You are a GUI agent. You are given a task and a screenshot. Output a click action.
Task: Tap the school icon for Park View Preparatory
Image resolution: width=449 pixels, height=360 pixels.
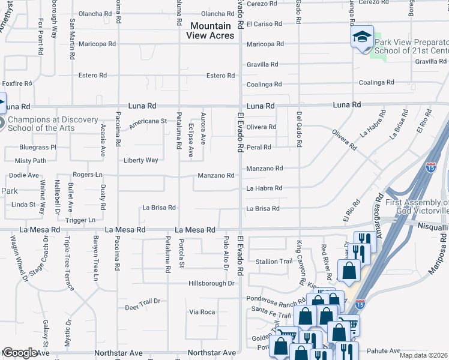[x=363, y=37]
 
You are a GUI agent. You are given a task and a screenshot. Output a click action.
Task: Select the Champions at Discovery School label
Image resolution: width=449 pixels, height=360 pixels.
[x=53, y=124]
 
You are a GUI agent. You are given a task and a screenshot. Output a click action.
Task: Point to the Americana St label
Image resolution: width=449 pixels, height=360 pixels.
[x=146, y=121]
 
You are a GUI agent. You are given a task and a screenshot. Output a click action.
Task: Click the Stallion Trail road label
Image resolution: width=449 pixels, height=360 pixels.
[x=274, y=262]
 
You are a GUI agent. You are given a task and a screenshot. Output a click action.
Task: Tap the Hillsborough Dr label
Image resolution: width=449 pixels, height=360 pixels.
[x=211, y=283]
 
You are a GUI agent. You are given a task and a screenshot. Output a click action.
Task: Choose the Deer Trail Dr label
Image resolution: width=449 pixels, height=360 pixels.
[x=142, y=301]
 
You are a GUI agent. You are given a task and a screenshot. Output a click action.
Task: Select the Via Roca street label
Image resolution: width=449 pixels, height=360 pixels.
[x=202, y=312]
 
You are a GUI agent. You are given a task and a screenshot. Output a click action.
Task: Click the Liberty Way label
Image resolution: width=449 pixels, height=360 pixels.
[x=141, y=160]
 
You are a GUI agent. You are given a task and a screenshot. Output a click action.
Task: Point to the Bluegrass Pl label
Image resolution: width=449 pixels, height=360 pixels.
[x=37, y=147]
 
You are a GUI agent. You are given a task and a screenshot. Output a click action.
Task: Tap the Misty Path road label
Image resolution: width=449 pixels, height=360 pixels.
[x=31, y=161]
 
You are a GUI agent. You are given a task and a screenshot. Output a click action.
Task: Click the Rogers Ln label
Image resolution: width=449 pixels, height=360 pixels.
[x=88, y=175]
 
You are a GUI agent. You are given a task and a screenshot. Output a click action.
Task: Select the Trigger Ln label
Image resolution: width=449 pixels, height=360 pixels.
[x=80, y=220]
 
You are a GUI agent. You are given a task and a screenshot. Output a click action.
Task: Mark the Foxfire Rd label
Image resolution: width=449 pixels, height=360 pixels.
[x=16, y=83]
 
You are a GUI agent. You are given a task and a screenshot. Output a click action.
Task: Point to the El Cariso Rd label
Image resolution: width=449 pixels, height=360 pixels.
[x=264, y=24]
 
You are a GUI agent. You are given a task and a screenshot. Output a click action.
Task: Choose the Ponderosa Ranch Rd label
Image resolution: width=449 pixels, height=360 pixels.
[x=276, y=298]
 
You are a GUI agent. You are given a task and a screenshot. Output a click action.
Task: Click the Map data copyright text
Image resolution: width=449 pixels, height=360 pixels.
[x=423, y=355]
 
